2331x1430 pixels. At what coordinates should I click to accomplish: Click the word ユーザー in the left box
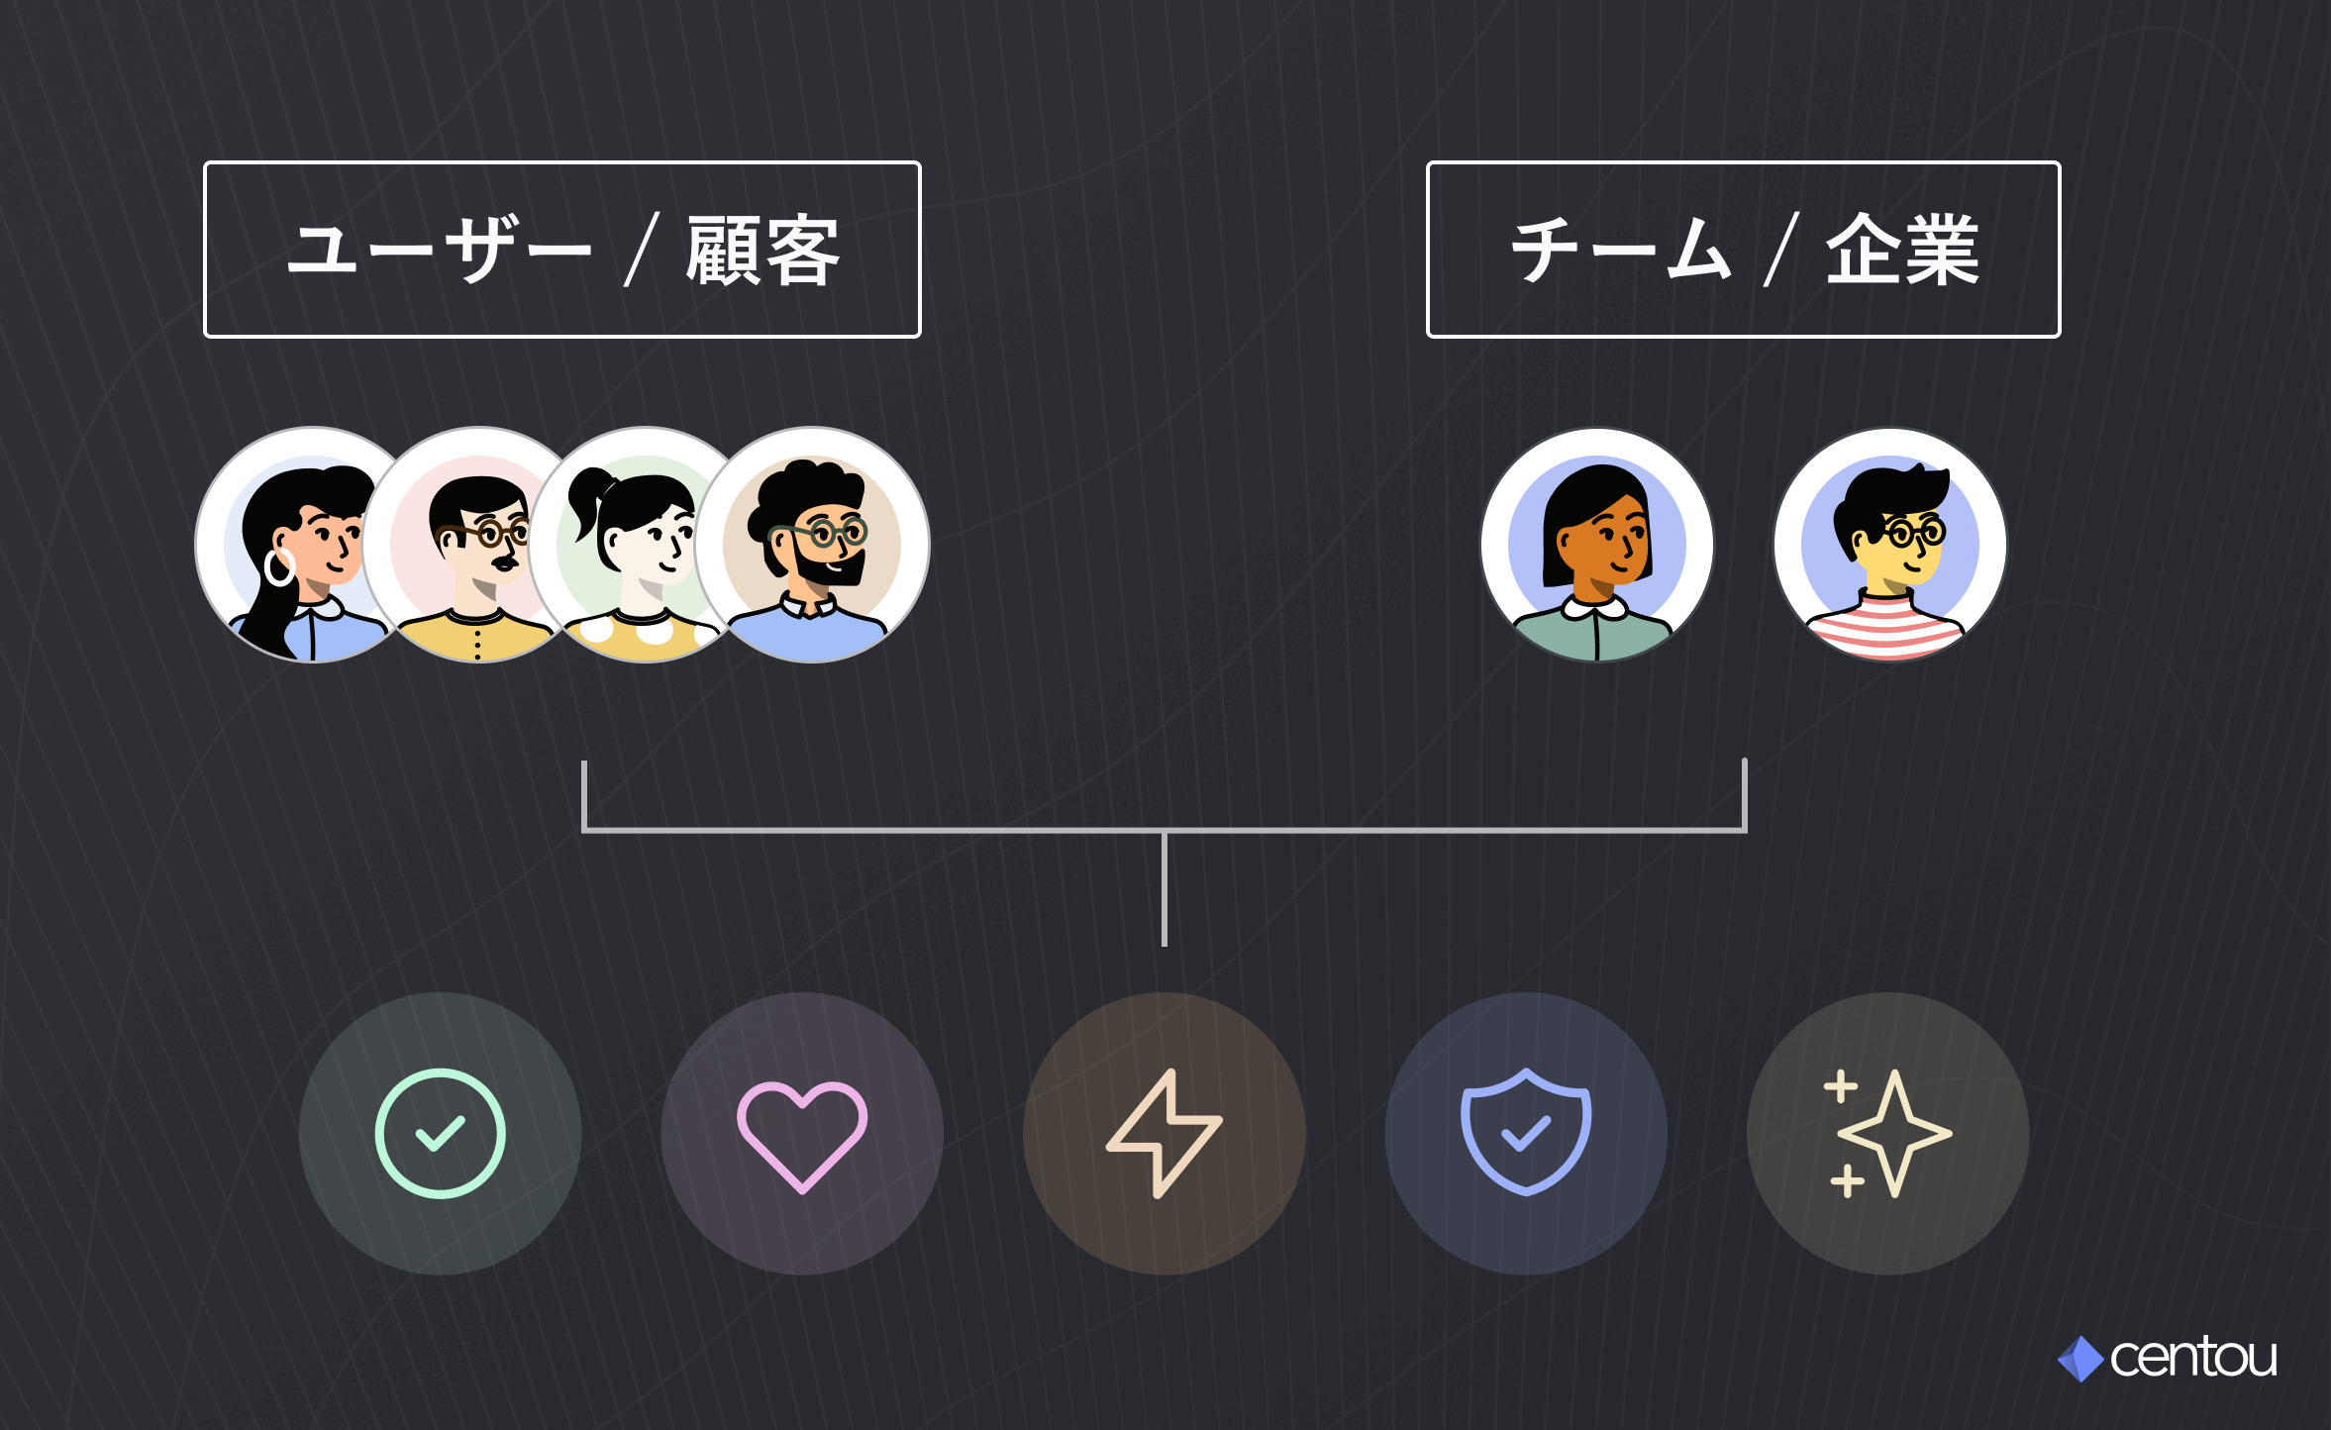[439, 251]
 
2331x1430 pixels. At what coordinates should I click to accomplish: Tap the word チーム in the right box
[1620, 250]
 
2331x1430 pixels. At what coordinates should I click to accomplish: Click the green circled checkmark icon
[441, 1133]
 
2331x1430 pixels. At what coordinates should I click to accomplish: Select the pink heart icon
[802, 1137]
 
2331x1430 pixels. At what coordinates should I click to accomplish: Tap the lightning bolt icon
[1165, 1134]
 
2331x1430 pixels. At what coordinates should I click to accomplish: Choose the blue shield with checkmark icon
[1526, 1132]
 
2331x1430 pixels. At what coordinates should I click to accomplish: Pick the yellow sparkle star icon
[1887, 1134]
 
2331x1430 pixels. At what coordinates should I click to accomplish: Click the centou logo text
[2193, 1358]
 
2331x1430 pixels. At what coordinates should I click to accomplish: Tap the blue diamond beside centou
[2080, 1359]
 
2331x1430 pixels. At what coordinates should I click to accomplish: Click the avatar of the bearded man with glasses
[812, 545]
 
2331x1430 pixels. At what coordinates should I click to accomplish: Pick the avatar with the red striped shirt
[1890, 545]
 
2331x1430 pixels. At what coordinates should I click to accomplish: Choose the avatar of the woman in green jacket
[1597, 545]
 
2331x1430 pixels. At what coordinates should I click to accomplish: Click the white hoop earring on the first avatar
[280, 567]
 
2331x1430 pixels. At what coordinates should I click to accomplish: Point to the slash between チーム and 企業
[1780, 251]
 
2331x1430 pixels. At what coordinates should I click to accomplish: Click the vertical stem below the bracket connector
[1165, 888]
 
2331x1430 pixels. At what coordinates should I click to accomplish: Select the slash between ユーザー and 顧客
[642, 251]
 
